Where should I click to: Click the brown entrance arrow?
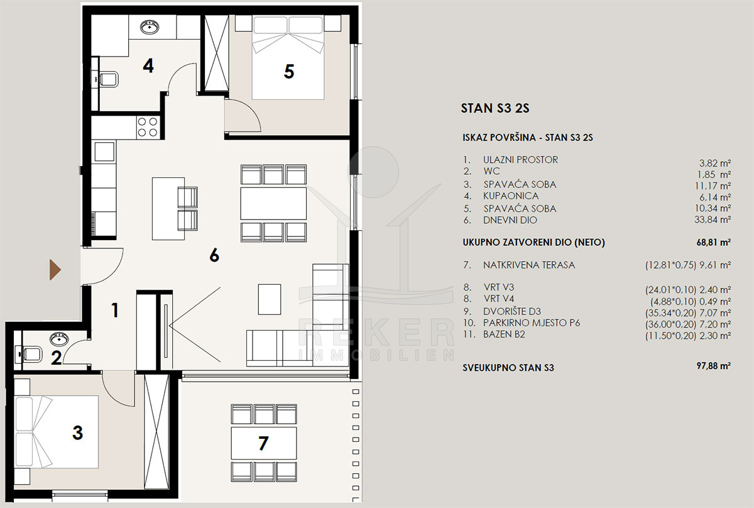55,270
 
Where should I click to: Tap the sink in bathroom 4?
150,27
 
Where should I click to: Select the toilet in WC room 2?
30,354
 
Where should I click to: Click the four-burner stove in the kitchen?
148,128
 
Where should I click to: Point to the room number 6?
214,255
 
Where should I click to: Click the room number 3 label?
77,433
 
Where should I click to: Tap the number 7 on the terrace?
263,443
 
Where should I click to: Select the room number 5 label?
289,72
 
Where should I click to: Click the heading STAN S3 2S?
495,108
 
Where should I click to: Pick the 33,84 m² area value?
713,219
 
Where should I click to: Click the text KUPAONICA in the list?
511,196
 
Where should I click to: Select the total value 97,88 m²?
714,365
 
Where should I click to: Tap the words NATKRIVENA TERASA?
529,265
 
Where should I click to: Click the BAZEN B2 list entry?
504,334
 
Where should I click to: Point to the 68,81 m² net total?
714,242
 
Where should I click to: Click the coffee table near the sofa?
270,299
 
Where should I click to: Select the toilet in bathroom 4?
107,79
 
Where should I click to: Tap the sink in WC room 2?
59,338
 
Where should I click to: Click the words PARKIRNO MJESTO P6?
532,323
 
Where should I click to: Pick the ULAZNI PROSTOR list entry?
520,160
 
